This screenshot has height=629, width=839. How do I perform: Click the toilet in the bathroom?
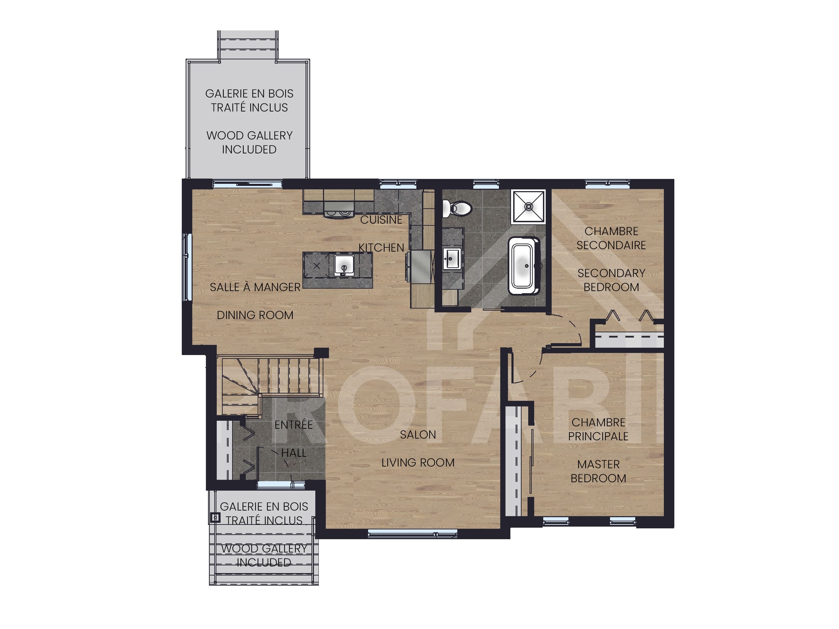tap(457, 209)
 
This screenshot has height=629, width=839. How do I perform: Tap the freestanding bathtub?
tap(524, 266)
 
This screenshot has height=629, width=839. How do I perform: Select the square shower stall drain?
tap(528, 207)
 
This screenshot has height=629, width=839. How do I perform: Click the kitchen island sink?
tap(344, 265)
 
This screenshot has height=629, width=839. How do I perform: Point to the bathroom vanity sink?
tap(452, 259)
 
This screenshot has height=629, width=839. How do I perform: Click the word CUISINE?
tap(381, 220)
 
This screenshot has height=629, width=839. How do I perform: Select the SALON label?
tap(418, 435)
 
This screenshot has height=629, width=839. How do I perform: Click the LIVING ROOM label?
tap(418, 463)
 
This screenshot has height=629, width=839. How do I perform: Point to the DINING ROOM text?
tap(255, 316)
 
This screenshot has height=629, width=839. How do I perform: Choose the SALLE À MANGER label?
tap(255, 287)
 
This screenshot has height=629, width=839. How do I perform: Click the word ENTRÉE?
tap(294, 425)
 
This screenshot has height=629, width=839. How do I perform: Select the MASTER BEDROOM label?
tap(598, 472)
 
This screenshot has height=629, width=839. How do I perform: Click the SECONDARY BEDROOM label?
tap(611, 280)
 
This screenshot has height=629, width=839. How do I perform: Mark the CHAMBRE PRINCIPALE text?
tap(598, 429)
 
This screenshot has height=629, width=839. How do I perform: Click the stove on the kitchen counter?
tap(339, 210)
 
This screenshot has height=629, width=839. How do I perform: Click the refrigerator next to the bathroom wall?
tap(420, 266)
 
